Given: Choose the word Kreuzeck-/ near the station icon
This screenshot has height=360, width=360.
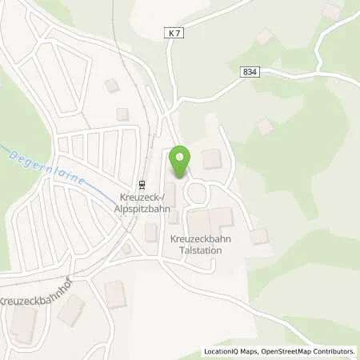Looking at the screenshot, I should coord(139,195).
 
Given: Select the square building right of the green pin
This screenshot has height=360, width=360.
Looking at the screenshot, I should coord(211,158).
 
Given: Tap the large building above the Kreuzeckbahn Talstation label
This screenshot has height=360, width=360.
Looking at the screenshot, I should coord(210,220).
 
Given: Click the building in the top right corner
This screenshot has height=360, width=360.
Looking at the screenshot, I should coord(330,11).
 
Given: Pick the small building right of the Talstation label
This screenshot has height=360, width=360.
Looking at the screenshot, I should coord(258,236).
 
